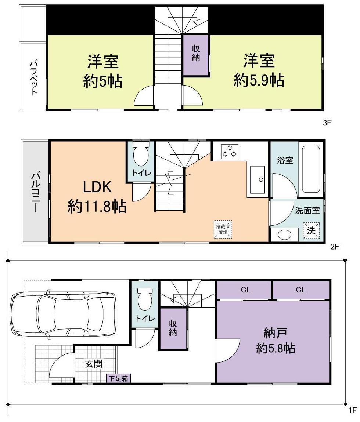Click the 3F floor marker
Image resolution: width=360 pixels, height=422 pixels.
tap(327, 123)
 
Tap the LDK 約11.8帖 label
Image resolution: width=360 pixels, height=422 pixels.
tap(97, 197)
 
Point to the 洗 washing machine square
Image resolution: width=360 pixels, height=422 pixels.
tap(311, 231)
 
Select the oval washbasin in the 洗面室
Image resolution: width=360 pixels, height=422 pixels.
tap(283, 234)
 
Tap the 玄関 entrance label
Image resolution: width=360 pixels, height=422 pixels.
tap(94, 364)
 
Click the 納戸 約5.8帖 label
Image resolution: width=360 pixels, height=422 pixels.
tap(275, 341)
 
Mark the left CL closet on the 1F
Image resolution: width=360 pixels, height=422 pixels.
tap(245, 290)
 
